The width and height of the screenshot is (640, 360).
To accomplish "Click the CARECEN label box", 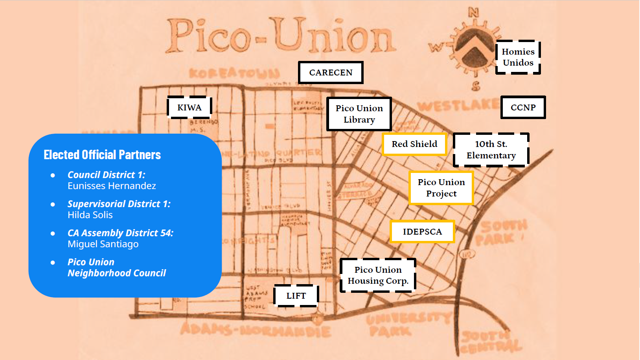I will click(x=331, y=72).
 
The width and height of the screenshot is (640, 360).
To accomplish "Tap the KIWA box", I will click(x=189, y=107).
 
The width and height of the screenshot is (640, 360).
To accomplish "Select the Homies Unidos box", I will click(x=518, y=57).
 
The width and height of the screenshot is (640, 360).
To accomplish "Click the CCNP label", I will click(x=523, y=107).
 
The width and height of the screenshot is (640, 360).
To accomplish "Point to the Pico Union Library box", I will click(x=359, y=114).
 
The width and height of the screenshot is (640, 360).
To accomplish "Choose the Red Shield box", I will click(x=414, y=144).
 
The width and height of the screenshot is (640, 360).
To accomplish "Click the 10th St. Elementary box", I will click(x=491, y=150).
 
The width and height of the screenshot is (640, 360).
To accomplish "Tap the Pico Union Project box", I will click(x=441, y=188).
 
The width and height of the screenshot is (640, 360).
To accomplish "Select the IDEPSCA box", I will click(x=422, y=232).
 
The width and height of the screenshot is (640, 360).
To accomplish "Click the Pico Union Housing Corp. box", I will click(x=378, y=275).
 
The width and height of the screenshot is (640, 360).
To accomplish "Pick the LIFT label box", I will click(x=296, y=296).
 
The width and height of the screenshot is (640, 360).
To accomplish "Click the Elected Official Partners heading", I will click(x=102, y=155).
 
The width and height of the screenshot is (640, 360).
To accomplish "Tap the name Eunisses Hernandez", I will click(x=112, y=186).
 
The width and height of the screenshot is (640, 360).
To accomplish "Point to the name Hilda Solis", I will click(x=90, y=215).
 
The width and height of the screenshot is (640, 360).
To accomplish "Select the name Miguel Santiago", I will click(x=103, y=244).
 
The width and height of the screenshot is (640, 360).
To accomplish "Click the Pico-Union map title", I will click(x=280, y=36).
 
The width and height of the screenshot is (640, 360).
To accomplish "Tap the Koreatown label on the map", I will click(x=234, y=73).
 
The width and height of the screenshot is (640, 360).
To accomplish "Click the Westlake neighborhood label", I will click(x=458, y=105).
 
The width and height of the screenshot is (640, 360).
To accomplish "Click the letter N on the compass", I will click(x=474, y=13).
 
